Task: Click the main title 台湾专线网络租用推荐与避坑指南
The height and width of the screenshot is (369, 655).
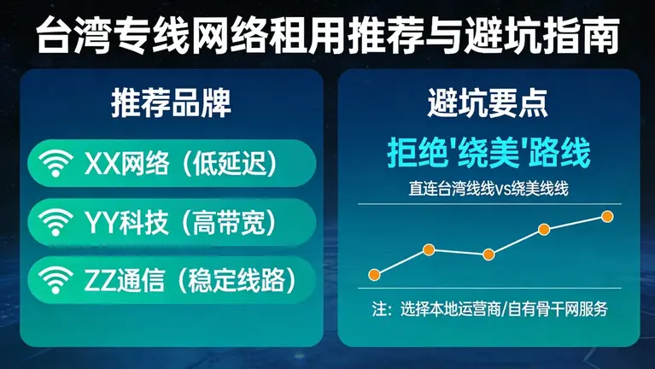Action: tap(327, 35)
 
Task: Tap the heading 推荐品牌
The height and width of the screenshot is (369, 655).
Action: tap(171, 103)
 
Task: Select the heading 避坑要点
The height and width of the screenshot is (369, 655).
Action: tap(488, 103)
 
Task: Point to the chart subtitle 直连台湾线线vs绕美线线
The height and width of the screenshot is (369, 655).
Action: tap(488, 190)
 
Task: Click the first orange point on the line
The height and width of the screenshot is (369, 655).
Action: tap(373, 274)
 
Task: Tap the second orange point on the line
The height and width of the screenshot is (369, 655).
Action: tap(429, 249)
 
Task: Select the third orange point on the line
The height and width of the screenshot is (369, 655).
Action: tap(488, 254)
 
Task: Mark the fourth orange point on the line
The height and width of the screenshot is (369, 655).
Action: tap(543, 229)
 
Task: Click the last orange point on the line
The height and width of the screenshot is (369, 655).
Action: tap(607, 216)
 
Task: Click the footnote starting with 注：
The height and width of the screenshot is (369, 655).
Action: tap(488, 309)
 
